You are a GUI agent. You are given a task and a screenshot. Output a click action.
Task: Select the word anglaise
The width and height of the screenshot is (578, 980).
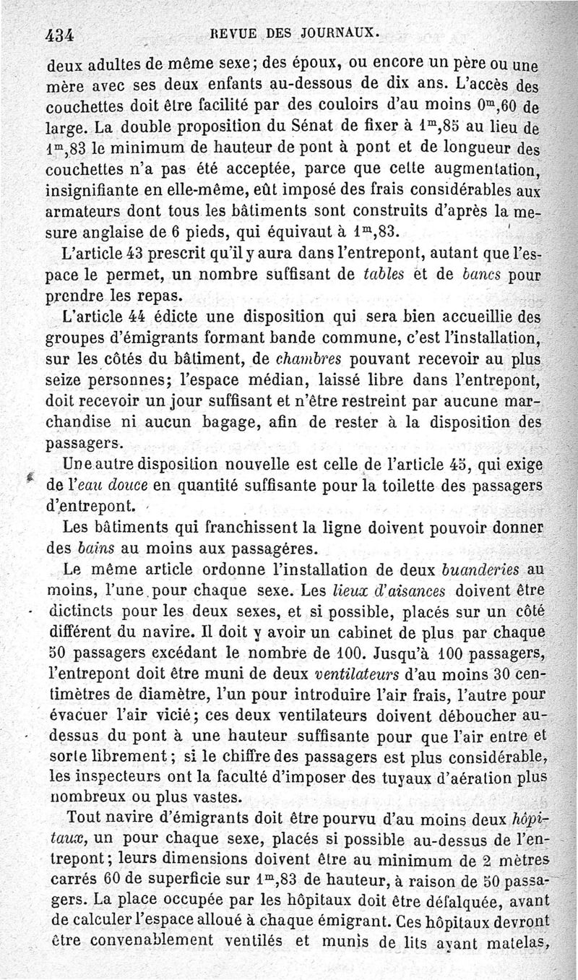(116, 233)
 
